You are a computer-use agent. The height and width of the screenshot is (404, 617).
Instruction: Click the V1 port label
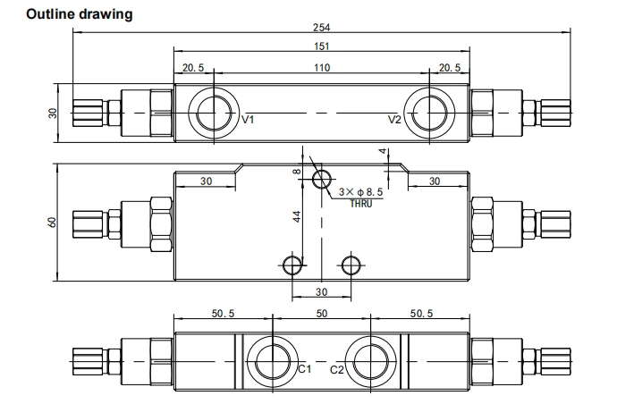click(249, 120)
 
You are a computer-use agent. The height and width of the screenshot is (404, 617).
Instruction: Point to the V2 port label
click(394, 120)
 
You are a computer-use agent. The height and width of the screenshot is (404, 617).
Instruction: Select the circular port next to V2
click(427, 114)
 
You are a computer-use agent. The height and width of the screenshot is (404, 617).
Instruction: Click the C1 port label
click(304, 369)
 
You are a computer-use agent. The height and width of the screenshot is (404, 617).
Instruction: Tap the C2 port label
click(338, 369)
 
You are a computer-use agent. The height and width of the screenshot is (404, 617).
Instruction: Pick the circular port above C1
click(272, 360)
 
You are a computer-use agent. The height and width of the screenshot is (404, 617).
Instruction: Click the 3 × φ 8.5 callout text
click(362, 192)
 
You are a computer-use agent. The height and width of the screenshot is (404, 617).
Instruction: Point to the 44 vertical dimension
click(298, 215)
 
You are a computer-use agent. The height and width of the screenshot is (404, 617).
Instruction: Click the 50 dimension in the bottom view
click(321, 315)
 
